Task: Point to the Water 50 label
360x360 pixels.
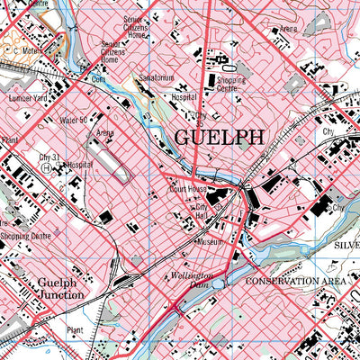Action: pos(71,120)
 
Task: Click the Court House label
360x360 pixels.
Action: pos(190,190)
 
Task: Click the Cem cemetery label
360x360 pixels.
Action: pos(99,78)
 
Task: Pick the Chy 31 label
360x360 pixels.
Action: pos(49,157)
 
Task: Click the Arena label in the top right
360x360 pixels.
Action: pos(289,29)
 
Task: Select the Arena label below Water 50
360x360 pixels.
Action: pos(105,132)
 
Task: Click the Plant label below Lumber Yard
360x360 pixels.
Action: pos(10,140)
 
